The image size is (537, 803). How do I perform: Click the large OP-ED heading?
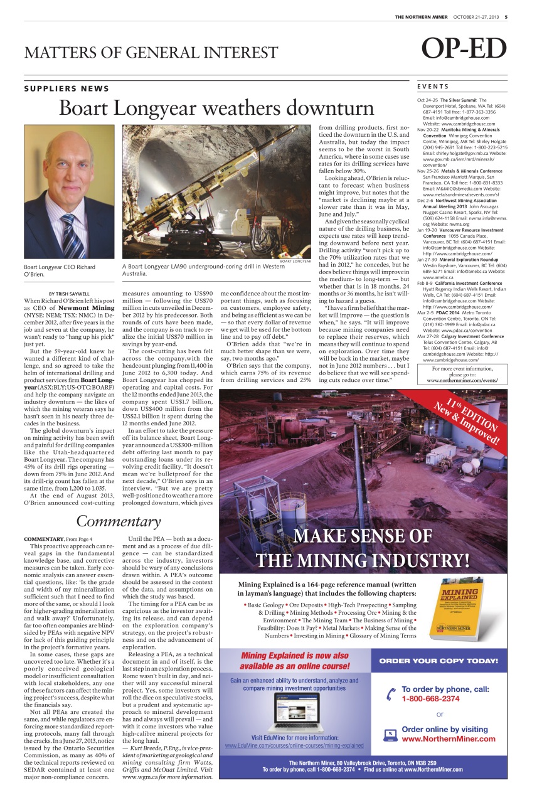[463, 50]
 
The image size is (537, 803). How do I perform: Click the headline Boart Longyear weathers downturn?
[216, 108]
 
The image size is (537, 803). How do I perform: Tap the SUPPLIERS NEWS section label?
[66, 88]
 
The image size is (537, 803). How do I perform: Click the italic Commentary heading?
[119, 521]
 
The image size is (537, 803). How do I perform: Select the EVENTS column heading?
[432, 85]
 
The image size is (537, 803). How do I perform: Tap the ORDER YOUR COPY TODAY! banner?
[439, 661]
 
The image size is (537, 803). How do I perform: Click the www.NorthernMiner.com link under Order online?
[449, 738]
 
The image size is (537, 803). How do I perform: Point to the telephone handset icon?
[391, 694]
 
